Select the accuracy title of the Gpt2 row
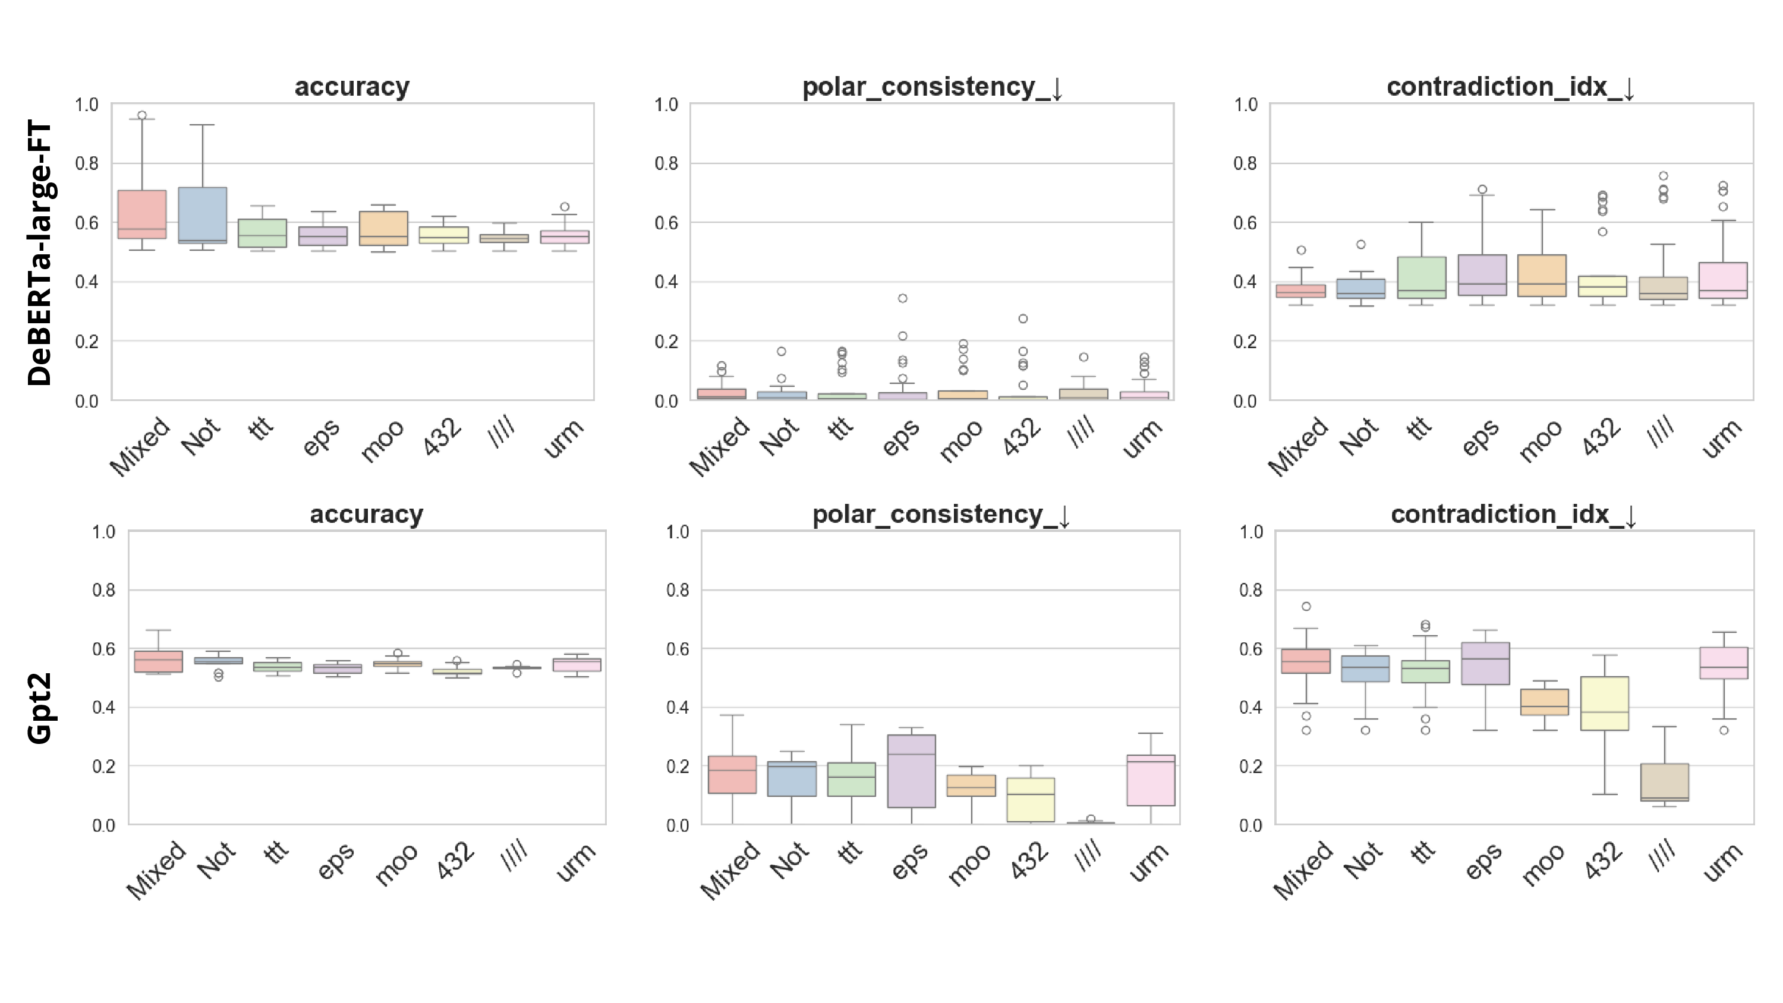[366, 515]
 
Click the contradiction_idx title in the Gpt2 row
[1513, 515]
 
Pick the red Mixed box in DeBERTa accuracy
[142, 214]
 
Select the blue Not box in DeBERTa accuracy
[202, 215]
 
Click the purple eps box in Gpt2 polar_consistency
[911, 771]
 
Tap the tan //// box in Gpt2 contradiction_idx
[1664, 782]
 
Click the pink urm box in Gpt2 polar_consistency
[1151, 780]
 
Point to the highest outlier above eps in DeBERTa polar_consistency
[903, 298]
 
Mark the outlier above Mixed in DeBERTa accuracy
[142, 116]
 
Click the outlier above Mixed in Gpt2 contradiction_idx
[1306, 606]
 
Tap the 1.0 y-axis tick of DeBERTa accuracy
[87, 105]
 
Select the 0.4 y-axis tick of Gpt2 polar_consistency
[678, 708]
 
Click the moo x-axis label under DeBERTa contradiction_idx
[1541, 440]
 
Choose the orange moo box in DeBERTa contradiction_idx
[1542, 276]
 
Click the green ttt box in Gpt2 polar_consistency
[851, 780]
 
